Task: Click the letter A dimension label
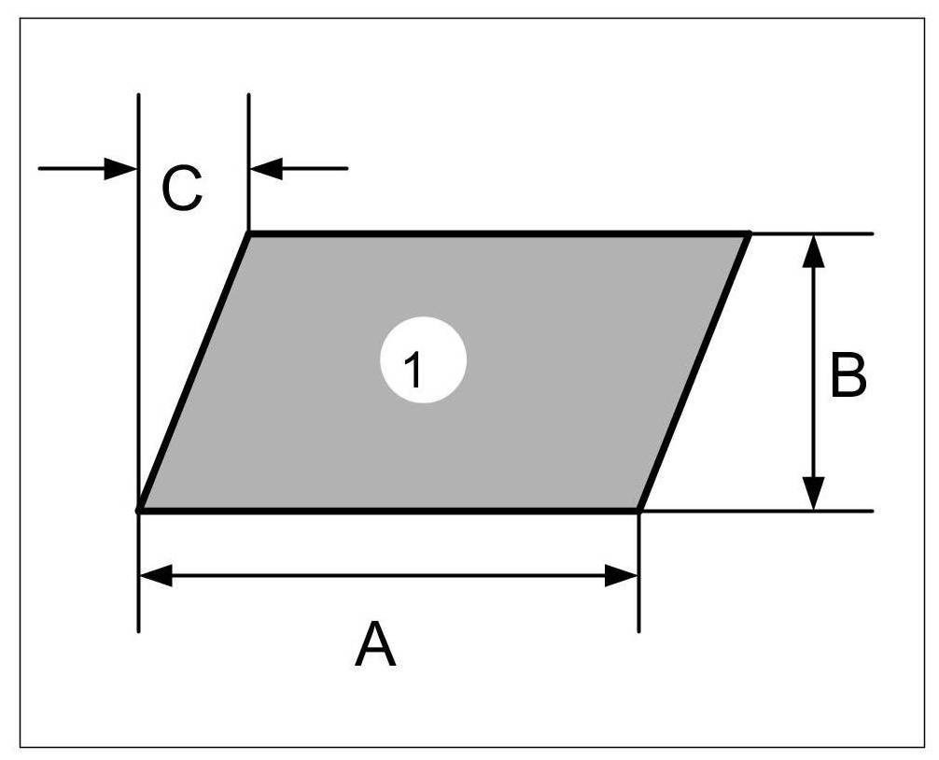pyautogui.click(x=375, y=645)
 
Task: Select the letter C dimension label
pyautogui.click(x=181, y=190)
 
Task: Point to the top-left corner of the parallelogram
pyautogui.click(x=249, y=233)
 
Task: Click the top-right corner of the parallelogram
pyautogui.click(x=749, y=233)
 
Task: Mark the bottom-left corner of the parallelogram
pyautogui.click(x=140, y=510)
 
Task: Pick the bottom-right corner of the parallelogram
pyautogui.click(x=638, y=510)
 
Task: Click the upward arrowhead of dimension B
pyautogui.click(x=814, y=248)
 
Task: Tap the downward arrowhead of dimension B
pyautogui.click(x=814, y=495)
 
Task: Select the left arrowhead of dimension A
pyautogui.click(x=155, y=576)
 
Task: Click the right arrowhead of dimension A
pyautogui.click(x=623, y=576)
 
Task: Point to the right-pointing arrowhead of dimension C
pyautogui.click(x=121, y=169)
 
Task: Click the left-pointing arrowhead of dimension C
pyautogui.click(x=267, y=169)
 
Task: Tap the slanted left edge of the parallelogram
pyautogui.click(x=194, y=373)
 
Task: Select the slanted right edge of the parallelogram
pyautogui.click(x=694, y=373)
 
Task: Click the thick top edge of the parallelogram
pyautogui.click(x=499, y=233)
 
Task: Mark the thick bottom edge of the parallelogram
pyautogui.click(x=389, y=511)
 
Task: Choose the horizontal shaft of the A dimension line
pyautogui.click(x=389, y=576)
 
